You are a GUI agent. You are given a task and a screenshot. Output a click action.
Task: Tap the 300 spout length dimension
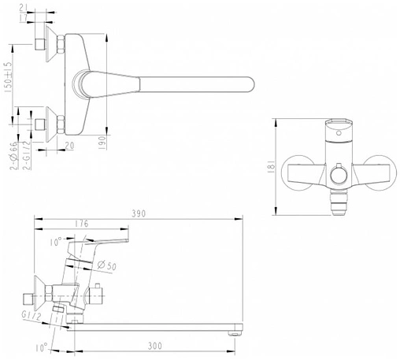(x=156, y=344)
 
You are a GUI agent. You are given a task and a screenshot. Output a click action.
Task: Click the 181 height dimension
(x=270, y=166)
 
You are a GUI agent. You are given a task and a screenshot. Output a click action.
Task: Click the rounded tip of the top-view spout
(x=250, y=83)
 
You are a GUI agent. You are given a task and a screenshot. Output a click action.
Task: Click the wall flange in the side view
(x=39, y=295)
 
